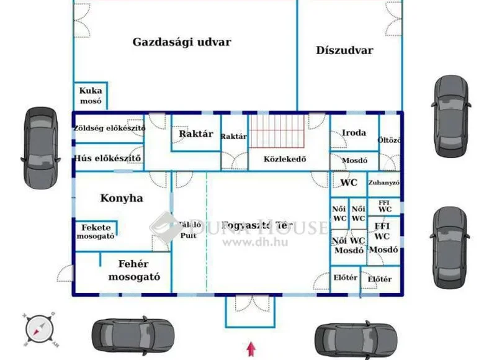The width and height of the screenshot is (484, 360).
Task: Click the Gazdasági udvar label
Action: [181, 42]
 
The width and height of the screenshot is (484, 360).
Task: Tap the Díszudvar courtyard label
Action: [344, 50]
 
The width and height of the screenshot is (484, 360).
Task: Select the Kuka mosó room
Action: [91, 96]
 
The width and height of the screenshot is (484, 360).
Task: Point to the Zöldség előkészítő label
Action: [109, 128]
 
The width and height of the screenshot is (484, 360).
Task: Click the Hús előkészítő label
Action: [108, 158]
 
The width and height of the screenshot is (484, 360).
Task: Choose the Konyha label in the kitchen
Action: [122, 198]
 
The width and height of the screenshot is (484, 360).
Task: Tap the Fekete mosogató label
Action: [95, 231]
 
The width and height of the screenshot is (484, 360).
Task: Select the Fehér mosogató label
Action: [134, 270]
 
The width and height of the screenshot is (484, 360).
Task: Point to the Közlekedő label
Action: [285, 159]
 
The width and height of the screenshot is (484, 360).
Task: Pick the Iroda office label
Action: [354, 132]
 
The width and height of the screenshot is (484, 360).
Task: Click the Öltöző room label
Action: [389, 140]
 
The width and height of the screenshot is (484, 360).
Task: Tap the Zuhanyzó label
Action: [383, 183]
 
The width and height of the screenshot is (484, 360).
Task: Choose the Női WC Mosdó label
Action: [348, 246]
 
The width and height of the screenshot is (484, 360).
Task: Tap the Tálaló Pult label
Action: [189, 230]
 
